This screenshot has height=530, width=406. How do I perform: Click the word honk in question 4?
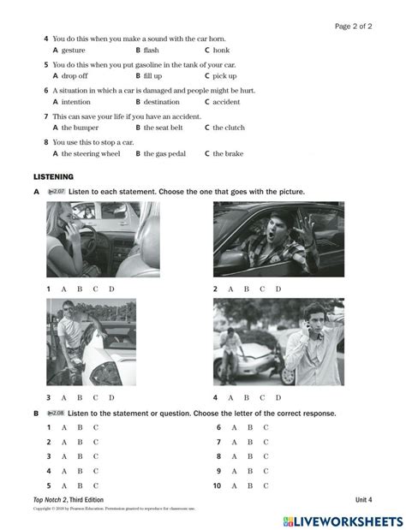click(x=221, y=50)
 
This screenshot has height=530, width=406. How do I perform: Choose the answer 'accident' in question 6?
click(x=226, y=101)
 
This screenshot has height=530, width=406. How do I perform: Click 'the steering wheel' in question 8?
click(x=80, y=153)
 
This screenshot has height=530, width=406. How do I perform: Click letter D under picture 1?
click(x=110, y=289)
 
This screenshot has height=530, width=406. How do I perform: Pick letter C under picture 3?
click(x=95, y=397)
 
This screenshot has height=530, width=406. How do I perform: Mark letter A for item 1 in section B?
click(x=63, y=427)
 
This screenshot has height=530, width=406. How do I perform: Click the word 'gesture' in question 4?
click(x=63, y=50)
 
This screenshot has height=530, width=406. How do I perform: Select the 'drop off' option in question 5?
click(x=66, y=75)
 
